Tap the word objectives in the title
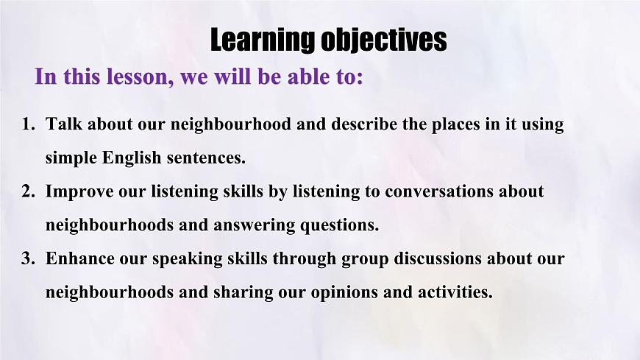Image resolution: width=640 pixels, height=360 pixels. (x=383, y=40)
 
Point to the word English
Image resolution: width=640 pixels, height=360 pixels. (x=131, y=158)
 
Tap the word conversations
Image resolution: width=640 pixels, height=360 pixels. (x=434, y=192)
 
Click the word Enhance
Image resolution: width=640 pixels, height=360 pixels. (x=79, y=259)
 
